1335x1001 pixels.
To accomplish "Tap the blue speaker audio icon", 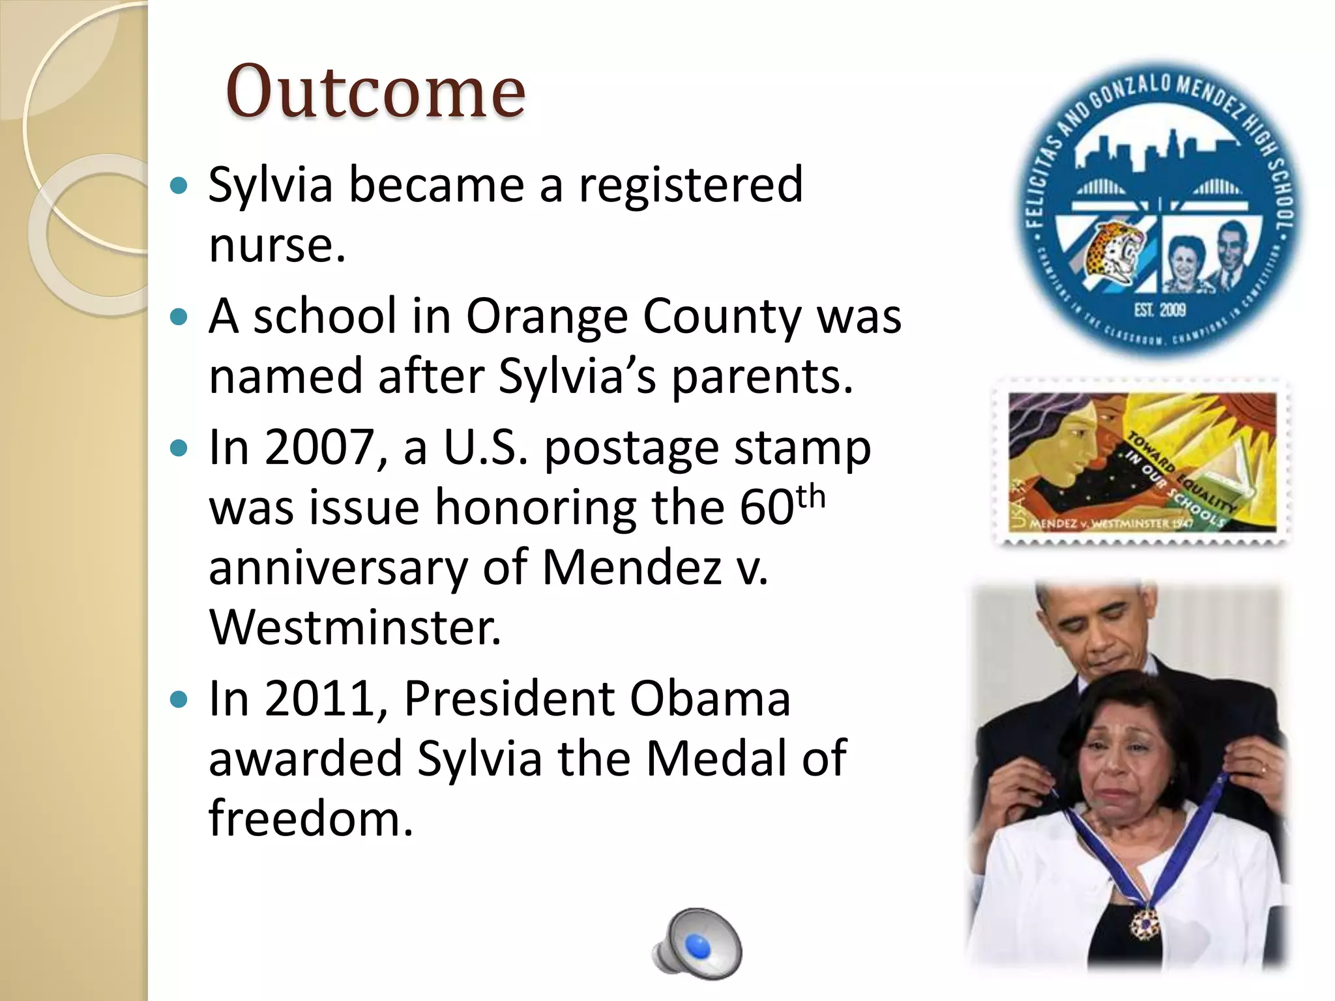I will (697, 944).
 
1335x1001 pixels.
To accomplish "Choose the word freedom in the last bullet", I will (310, 819).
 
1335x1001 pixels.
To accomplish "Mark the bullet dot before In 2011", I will (178, 701).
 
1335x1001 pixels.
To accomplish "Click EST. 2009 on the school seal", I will (1160, 310).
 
